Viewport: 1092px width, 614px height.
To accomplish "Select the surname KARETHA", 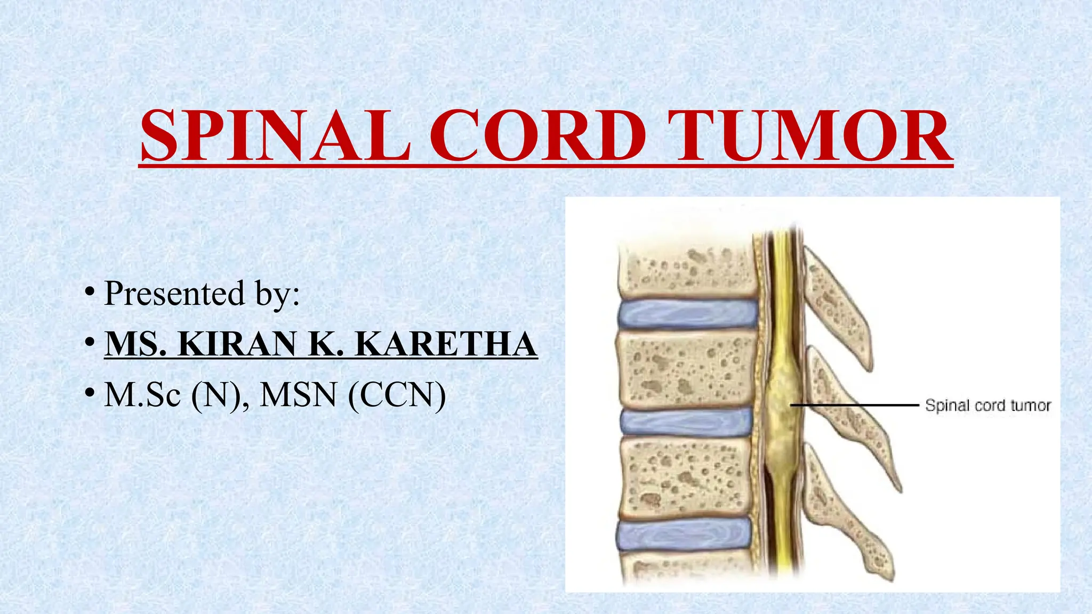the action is pos(446,344).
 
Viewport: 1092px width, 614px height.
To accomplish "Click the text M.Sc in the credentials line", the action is pos(142,395).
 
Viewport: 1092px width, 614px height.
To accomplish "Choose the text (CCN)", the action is pos(397,396).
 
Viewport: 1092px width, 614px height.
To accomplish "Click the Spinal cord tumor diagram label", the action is pos(987,406).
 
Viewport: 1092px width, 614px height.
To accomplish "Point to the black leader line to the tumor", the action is pos(854,405).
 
